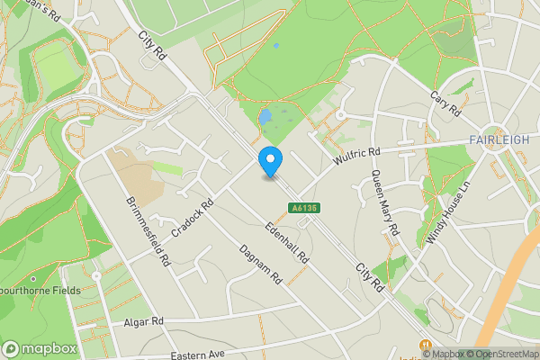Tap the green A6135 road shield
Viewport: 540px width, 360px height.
pos(301,208)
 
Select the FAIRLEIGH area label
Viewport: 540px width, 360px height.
pos(499,139)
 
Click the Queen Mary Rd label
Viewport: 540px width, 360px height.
pos(384,203)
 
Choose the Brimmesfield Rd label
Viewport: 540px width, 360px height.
pos(148,232)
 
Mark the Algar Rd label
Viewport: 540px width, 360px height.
pos(145,320)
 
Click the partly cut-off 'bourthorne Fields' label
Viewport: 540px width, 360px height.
pos(40,291)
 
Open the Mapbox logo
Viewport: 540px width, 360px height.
pos(40,348)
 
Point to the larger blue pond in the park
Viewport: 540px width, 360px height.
pos(265,117)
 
